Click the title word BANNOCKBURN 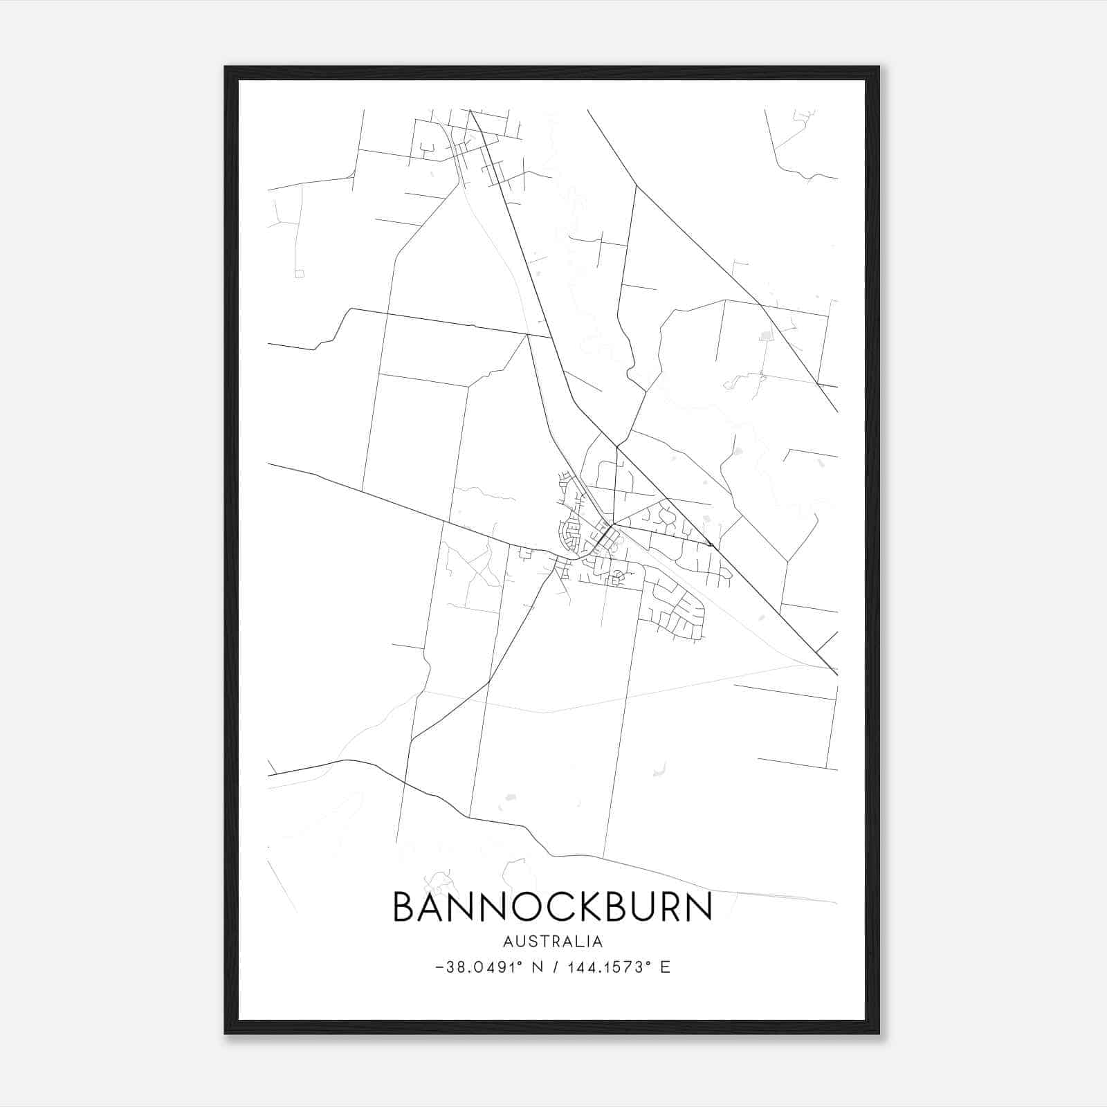(x=552, y=907)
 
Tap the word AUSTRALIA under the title (x=553, y=942)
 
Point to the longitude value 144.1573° (x=610, y=967)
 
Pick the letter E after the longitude (x=666, y=967)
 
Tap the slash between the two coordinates (x=556, y=967)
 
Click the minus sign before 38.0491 (x=440, y=967)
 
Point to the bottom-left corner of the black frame (x=226, y=1033)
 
